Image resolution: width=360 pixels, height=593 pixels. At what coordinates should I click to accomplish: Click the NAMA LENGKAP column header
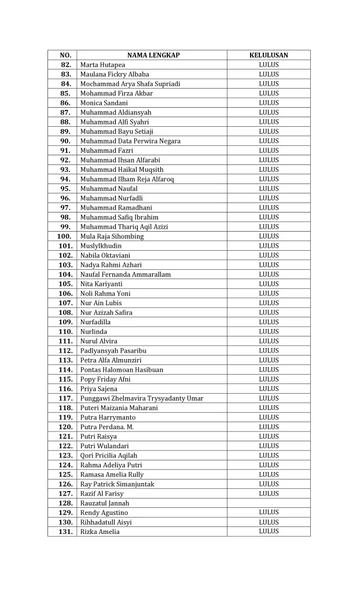pos(153,55)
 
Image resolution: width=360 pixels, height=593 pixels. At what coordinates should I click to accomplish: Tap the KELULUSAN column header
pos(269,55)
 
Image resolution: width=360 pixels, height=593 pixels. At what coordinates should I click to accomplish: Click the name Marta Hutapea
pos(102,65)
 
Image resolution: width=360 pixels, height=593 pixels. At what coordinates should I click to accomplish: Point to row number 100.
pos(64,236)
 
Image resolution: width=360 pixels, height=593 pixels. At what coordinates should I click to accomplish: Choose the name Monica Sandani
pos(104,103)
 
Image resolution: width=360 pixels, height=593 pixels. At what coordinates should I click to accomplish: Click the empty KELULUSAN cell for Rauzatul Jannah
pos(269,503)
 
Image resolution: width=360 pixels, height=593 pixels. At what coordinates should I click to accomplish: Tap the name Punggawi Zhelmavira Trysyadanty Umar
pos(142,398)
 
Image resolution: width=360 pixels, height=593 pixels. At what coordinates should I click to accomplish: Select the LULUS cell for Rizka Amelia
pos(269,532)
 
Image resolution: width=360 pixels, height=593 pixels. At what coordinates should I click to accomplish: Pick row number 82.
pos(65,65)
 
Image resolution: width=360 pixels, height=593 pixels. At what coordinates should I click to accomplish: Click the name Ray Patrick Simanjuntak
pos(117,484)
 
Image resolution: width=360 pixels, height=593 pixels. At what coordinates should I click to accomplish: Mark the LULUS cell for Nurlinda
pos(269,332)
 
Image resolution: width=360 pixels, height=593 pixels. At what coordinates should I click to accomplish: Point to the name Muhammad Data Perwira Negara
pos(130,141)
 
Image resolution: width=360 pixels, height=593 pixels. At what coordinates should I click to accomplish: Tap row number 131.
pos(64,532)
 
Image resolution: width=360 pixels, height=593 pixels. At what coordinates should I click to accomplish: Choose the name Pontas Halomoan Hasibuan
pos(122,369)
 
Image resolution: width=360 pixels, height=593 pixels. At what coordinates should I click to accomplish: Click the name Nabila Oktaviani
pos(105,255)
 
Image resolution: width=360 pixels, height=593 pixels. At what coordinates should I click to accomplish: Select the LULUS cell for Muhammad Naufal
pos(269,189)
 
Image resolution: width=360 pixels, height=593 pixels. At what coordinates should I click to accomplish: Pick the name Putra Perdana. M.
pos(108,427)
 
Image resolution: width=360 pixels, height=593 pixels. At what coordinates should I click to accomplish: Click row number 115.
pos(64,379)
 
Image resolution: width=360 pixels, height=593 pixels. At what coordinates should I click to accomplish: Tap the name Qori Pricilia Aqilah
pos(109,455)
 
